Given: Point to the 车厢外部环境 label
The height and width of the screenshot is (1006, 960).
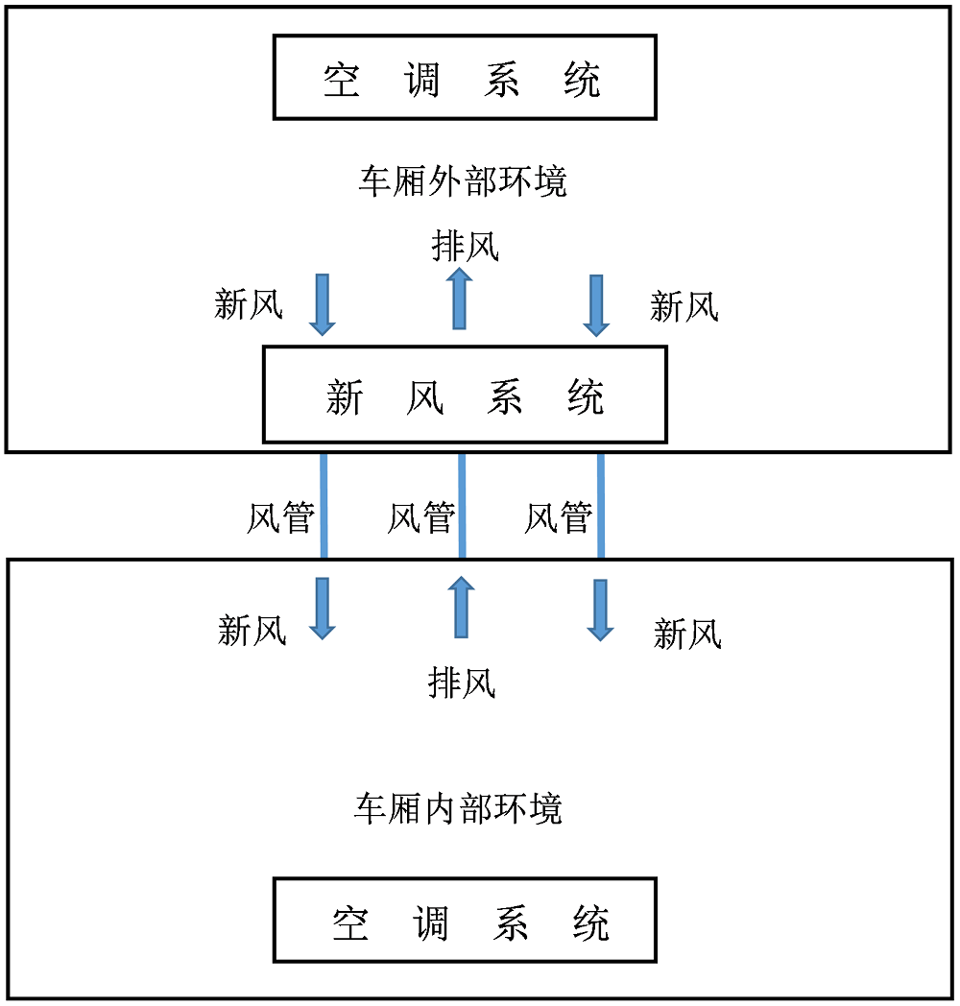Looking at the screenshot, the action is (463, 180).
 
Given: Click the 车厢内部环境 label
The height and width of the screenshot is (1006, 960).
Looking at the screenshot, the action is (458, 808).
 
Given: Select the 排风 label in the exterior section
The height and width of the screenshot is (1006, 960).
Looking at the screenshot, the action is (466, 246).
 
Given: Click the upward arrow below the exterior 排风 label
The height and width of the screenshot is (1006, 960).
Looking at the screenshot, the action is (460, 299).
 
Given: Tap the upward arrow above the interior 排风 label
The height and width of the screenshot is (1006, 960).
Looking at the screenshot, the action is (461, 607).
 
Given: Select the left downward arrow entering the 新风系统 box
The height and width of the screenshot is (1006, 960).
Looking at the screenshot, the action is (323, 304).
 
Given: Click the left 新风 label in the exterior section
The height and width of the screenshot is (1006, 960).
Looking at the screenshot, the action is (249, 303).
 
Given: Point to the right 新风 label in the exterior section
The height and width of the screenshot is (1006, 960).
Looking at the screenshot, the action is (684, 306).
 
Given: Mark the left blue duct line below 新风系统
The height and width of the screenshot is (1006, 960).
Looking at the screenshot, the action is (324, 506).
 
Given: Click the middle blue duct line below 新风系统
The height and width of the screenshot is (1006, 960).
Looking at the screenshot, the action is (462, 506).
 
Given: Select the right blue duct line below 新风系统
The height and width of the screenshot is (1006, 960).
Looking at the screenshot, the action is (601, 506).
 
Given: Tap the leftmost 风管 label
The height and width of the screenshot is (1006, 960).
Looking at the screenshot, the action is (281, 517).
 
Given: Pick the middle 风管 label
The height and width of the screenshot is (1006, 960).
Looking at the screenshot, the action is (421, 517).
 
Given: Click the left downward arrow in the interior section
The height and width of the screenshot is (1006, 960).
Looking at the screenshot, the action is (323, 609).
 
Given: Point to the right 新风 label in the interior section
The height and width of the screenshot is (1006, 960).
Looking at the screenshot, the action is (687, 634).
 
